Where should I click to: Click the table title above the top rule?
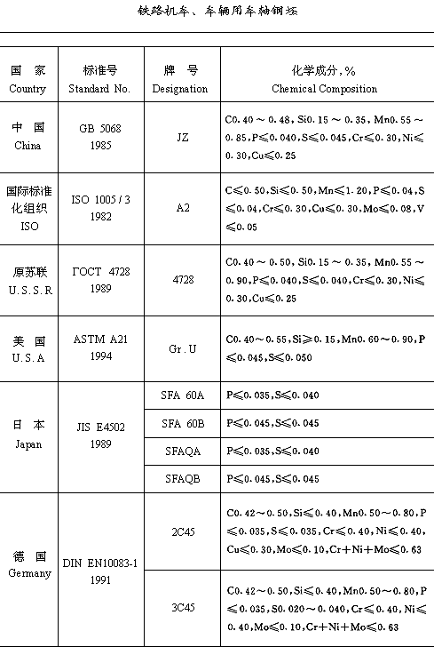[217, 12]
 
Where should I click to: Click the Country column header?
[28, 79]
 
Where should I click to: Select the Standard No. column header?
[99, 79]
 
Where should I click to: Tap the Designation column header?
[180, 79]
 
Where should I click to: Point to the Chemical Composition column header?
[324, 79]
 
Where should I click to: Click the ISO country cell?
[28, 207]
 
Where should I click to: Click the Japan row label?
[28, 436]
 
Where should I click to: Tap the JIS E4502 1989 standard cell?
[99, 436]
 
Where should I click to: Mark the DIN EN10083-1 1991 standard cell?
[99, 570]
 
